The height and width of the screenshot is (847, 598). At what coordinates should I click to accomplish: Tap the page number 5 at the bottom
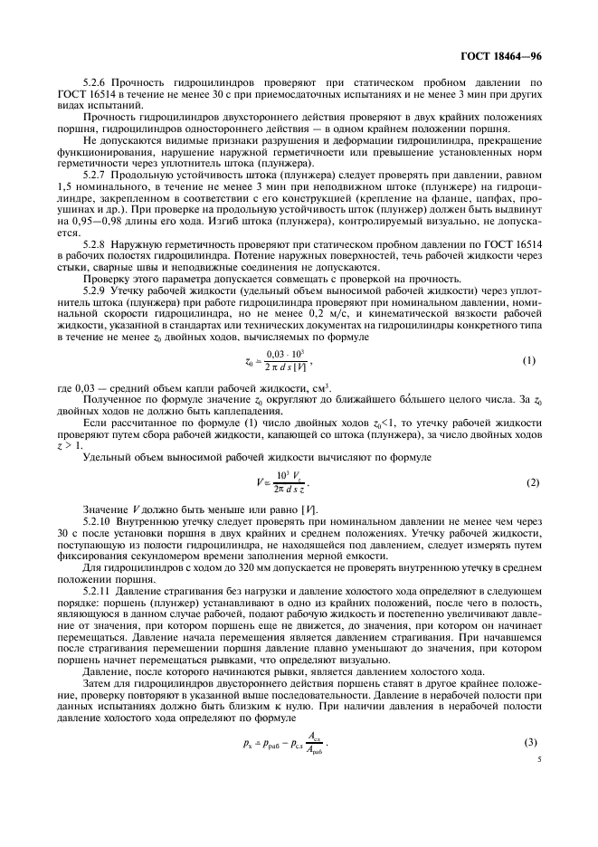pyautogui.click(x=538, y=761)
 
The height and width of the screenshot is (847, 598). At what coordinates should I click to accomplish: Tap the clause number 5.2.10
pyautogui.click(x=98, y=521)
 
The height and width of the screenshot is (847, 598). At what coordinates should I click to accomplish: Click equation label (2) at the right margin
pyautogui.click(x=533, y=481)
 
